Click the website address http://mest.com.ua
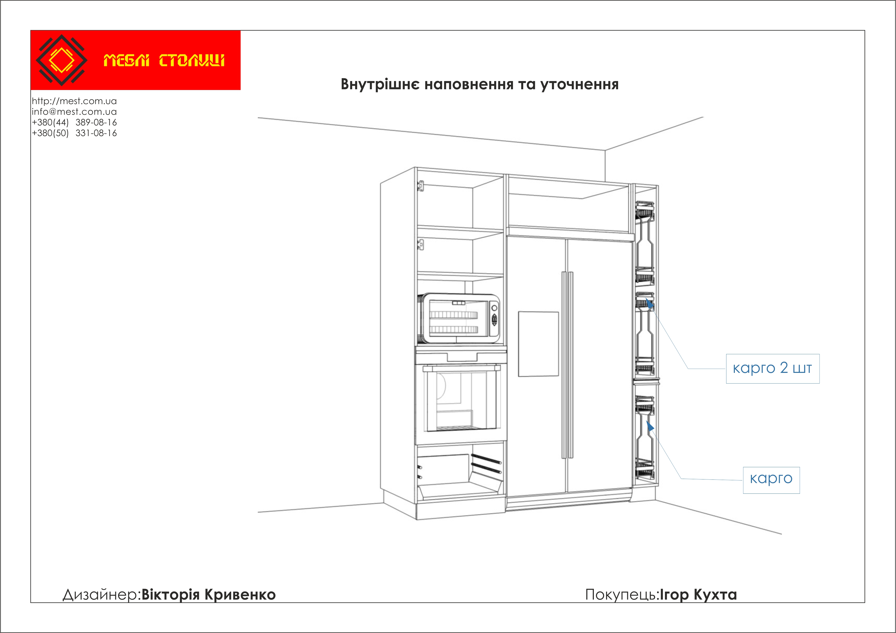[x=74, y=101]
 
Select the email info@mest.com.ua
[x=74, y=112]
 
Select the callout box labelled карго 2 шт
[x=772, y=369]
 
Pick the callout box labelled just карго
[x=771, y=480]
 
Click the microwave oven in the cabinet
[x=458, y=319]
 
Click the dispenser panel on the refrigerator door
[x=538, y=344]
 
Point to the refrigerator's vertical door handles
[x=567, y=365]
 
